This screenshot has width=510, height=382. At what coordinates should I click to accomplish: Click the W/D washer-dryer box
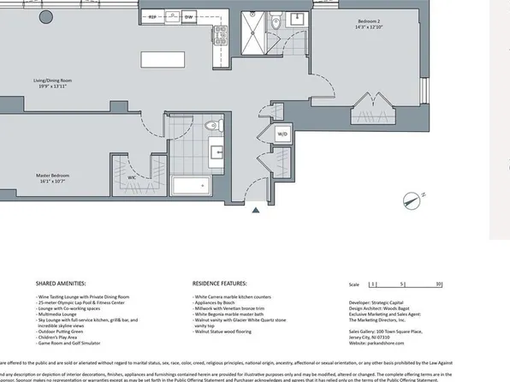(x=282, y=134)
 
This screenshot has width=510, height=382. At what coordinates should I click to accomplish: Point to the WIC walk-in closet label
(x=133, y=178)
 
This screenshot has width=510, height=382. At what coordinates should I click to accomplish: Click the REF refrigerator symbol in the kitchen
(x=153, y=16)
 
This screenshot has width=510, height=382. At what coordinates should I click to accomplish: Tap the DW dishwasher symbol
(x=189, y=16)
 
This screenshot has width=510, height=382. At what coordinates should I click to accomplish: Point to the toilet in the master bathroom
(x=218, y=128)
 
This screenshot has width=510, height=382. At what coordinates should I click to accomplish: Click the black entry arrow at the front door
(x=255, y=210)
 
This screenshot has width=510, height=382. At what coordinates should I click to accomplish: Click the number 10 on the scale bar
(x=438, y=283)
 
